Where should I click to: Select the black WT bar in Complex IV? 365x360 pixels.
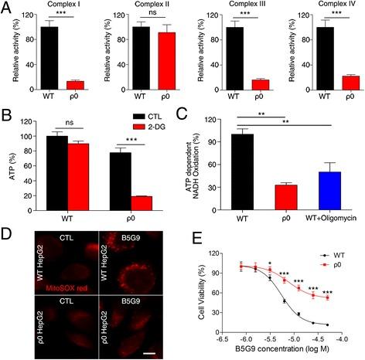(304, 59)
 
